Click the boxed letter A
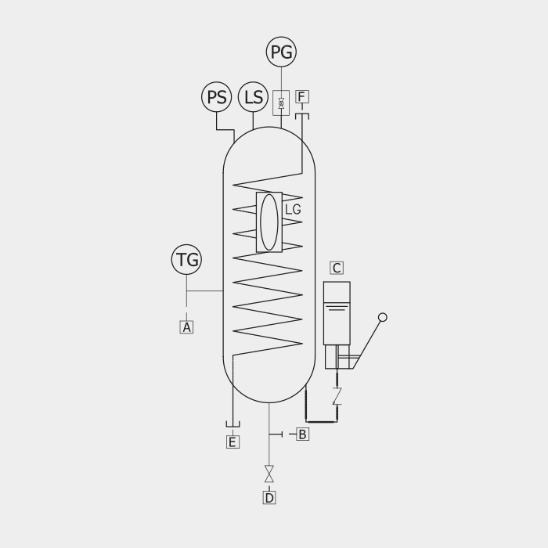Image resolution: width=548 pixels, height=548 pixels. pyautogui.click(x=186, y=327)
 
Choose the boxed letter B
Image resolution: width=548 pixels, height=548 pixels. pyautogui.click(x=303, y=434)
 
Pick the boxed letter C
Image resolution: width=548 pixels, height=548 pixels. pyautogui.click(x=337, y=268)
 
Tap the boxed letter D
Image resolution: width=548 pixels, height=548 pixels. pyautogui.click(x=269, y=498)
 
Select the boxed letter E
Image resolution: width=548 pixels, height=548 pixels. pyautogui.click(x=233, y=442)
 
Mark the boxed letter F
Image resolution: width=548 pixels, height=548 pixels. pyautogui.click(x=302, y=96)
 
